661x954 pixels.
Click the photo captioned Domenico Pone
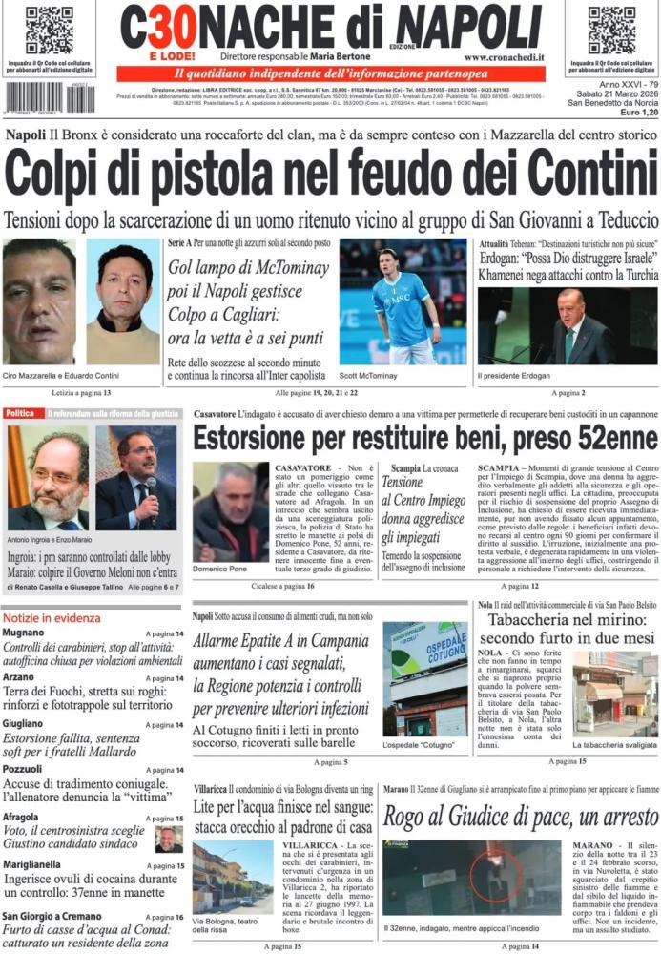pos(230,511)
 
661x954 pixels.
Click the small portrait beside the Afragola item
pos(169,839)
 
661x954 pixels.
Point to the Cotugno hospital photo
pos(424,678)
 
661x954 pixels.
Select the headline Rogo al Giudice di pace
pos(521,818)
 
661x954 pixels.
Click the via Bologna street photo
pos(232,876)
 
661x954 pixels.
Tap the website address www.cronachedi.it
pos(505,57)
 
